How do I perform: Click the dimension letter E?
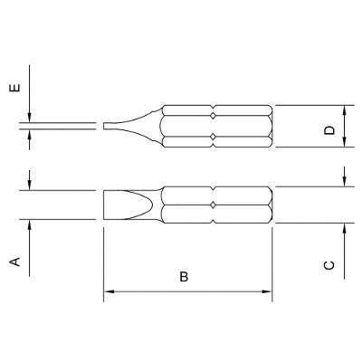pos(15,87)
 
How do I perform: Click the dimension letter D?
pos(329,130)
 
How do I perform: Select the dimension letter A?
pos(15,262)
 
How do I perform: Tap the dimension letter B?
pos(184,276)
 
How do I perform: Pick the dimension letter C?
pos(329,265)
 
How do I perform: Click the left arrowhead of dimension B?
pos(109,291)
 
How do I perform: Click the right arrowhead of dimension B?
pos(267,291)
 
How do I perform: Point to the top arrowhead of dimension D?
pos(345,110)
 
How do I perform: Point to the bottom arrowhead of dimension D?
pos(345,142)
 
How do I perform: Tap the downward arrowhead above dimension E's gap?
pos(30,118)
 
